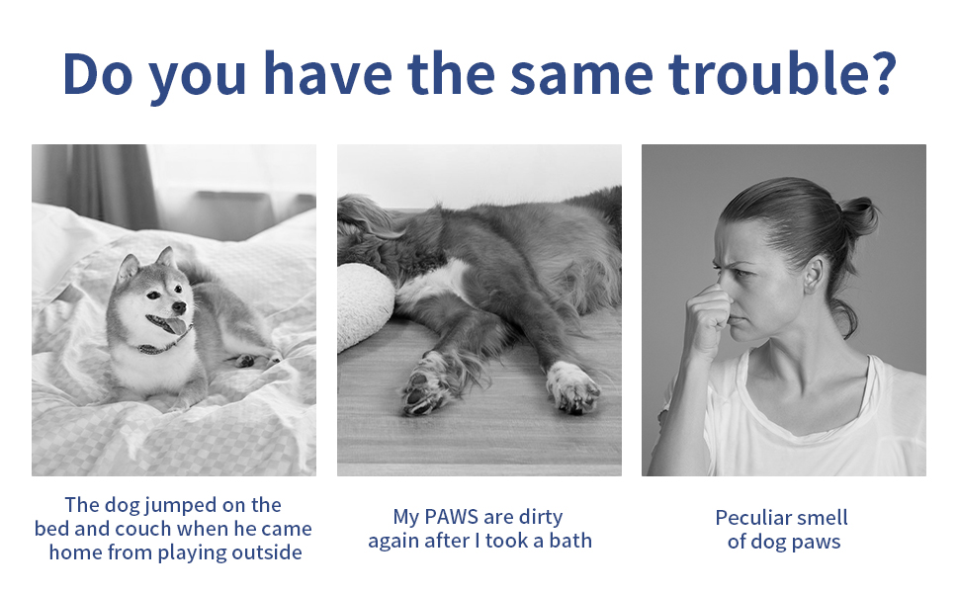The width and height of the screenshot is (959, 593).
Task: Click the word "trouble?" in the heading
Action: (782, 73)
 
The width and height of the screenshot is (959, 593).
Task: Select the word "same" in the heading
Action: (581, 77)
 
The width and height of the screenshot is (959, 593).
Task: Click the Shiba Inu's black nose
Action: (179, 306)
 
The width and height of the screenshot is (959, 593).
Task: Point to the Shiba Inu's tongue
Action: (176, 325)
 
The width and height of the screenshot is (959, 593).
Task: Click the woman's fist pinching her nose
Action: (708, 318)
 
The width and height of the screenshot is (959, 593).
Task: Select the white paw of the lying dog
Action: (571, 385)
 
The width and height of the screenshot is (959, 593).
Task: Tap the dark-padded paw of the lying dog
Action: (427, 386)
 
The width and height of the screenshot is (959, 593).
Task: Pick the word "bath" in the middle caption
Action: (570, 541)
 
